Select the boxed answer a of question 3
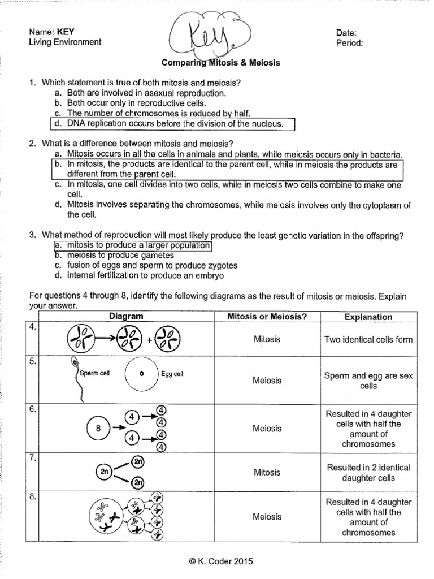click(132, 245)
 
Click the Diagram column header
click(125, 317)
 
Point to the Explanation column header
click(368, 317)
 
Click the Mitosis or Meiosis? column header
click(267, 317)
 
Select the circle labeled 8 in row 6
click(98, 428)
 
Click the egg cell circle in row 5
click(142, 374)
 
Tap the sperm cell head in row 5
click(74, 363)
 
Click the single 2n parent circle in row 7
click(104, 471)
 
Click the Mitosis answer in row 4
click(267, 339)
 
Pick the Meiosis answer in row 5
click(267, 381)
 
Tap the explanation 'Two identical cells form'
click(368, 340)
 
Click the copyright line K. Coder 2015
click(217, 561)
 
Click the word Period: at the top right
click(349, 42)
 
